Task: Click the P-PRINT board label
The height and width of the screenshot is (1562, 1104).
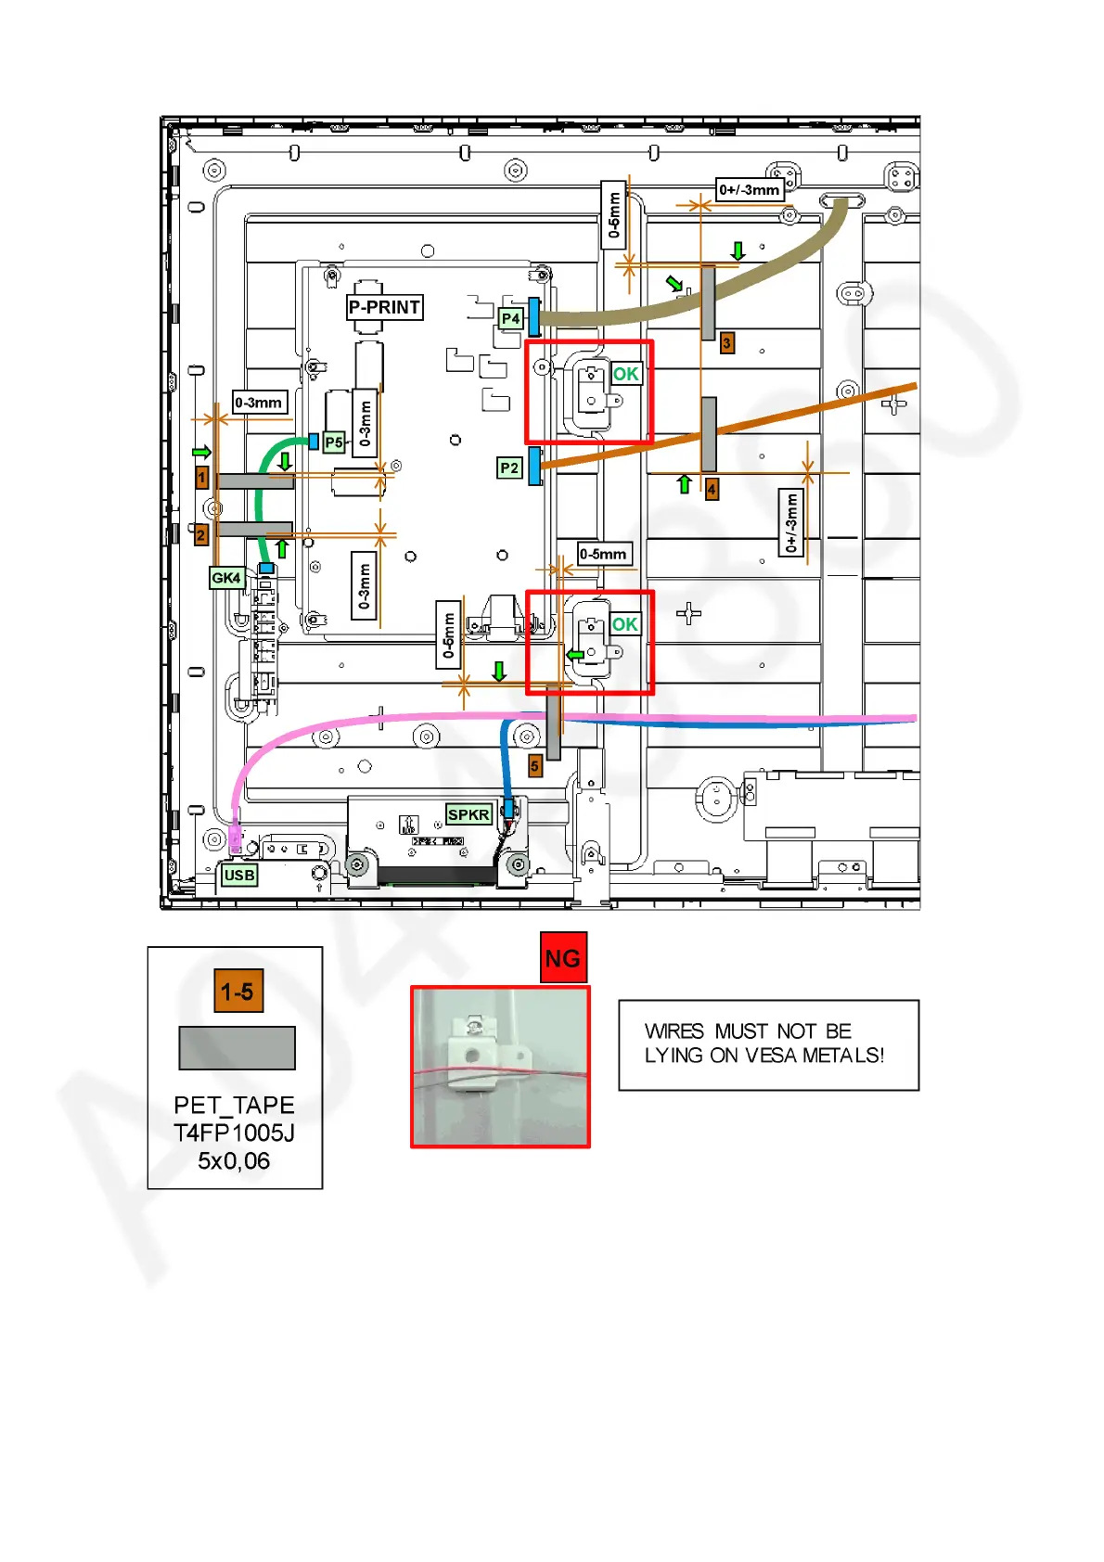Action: (385, 307)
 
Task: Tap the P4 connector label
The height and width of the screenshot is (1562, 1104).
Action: (510, 319)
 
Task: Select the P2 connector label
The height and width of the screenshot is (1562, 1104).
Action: (509, 468)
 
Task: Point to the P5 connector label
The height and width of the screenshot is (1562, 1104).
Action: (334, 443)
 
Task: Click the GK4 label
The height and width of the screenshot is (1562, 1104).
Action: (226, 578)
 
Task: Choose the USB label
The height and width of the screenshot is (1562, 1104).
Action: (238, 875)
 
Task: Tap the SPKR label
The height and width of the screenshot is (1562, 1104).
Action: (469, 814)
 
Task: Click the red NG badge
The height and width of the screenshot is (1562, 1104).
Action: (563, 958)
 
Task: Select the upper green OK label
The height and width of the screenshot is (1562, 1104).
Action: (626, 374)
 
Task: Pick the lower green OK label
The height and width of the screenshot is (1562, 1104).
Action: (625, 624)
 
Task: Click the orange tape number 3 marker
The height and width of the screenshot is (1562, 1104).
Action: (727, 343)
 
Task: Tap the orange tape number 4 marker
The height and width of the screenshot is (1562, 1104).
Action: (712, 489)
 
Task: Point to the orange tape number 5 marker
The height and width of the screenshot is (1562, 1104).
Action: (534, 766)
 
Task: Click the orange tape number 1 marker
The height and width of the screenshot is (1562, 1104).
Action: (202, 478)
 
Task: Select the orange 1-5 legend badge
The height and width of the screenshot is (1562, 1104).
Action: (237, 992)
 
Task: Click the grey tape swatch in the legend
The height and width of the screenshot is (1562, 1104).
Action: (237, 1048)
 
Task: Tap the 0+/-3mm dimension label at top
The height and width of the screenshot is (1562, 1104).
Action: (750, 190)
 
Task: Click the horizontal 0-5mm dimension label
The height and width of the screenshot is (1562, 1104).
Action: (603, 555)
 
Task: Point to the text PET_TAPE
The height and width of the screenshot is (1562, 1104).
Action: (234, 1106)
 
